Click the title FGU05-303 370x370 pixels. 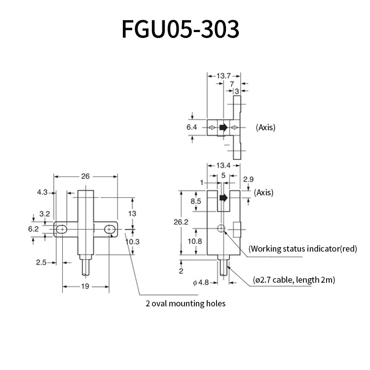181,30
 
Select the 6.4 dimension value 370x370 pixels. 191,127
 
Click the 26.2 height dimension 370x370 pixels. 182,222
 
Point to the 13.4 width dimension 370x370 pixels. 224,165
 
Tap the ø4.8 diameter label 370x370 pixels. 202,283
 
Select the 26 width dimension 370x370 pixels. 85,176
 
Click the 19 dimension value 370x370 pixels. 85,286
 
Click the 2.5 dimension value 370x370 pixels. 41,262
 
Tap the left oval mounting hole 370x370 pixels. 62,229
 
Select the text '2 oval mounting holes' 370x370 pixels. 185,303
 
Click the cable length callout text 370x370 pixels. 294,280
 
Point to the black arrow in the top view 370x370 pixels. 223,127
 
